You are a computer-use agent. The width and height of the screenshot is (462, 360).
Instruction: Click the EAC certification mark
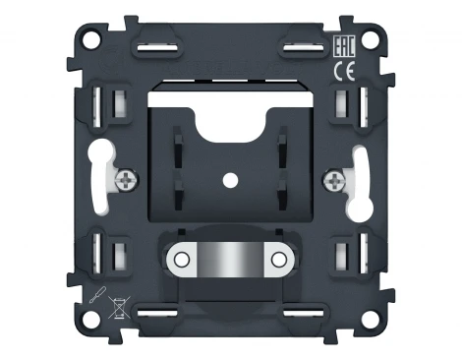(x=344, y=46)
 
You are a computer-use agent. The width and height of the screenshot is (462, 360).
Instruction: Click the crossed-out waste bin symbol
(x=119, y=307)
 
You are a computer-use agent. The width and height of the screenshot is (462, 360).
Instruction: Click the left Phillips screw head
(x=127, y=179)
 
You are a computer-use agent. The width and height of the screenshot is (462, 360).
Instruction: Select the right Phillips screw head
(x=334, y=179)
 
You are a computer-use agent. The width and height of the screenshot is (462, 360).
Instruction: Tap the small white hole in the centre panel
(x=230, y=180)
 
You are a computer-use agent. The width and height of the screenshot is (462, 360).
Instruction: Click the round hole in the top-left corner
(x=91, y=39)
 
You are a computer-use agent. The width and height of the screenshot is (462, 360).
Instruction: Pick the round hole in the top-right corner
(x=370, y=39)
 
